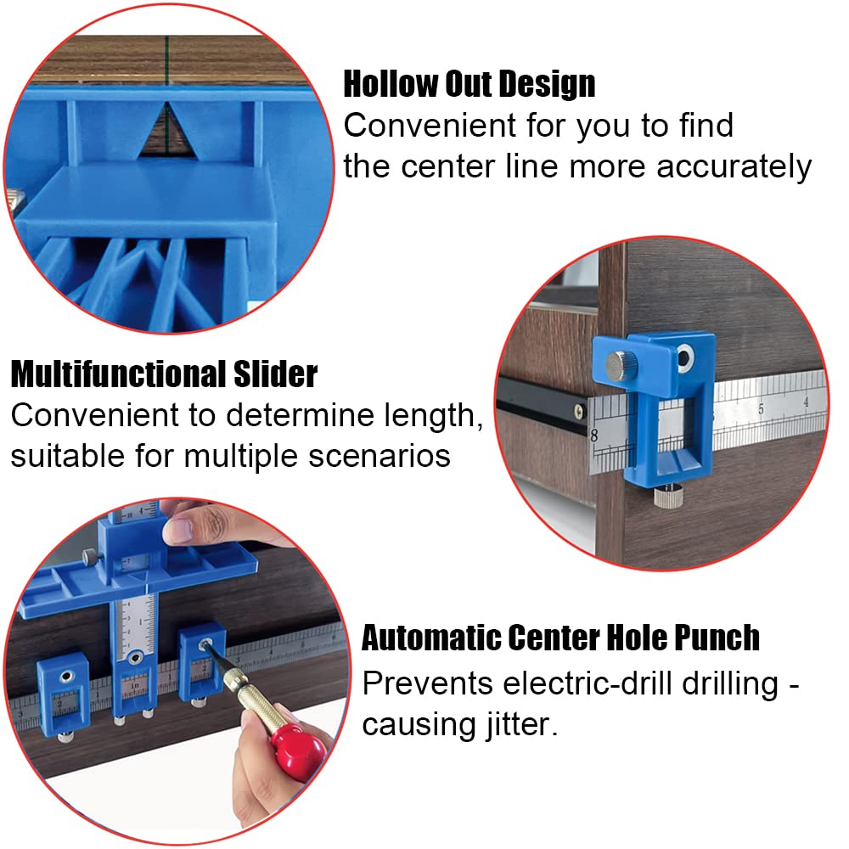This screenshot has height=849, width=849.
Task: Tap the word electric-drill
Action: [585, 683]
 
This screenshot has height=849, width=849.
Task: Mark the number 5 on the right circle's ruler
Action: [761, 410]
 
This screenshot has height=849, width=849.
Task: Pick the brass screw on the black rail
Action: [579, 412]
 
